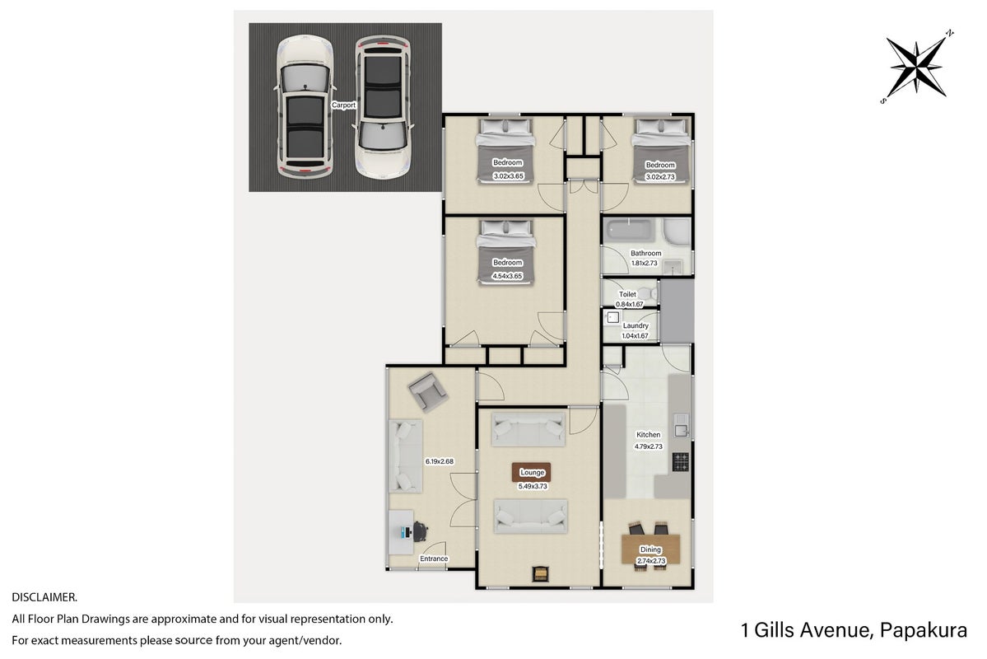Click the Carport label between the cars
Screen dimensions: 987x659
pyautogui.click(x=344, y=105)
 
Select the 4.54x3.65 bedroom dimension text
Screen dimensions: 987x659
pyautogui.click(x=507, y=276)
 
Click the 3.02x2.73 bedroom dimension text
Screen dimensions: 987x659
pyautogui.click(x=660, y=177)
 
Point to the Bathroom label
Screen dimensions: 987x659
pyautogui.click(x=646, y=253)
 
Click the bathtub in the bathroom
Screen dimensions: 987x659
pyautogui.click(x=631, y=231)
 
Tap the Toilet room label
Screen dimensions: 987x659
pyautogui.click(x=627, y=294)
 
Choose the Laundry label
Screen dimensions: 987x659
pyautogui.click(x=635, y=325)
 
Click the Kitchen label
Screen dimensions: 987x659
pyautogui.click(x=649, y=435)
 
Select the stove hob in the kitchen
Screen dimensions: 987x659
pyautogui.click(x=681, y=462)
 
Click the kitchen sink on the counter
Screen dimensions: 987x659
pyautogui.click(x=681, y=428)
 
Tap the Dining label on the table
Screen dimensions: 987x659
pyautogui.click(x=651, y=549)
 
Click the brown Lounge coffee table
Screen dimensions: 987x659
pyautogui.click(x=532, y=473)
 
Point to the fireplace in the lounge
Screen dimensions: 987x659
pyautogui.click(x=540, y=574)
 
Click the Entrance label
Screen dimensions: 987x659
pyautogui.click(x=434, y=559)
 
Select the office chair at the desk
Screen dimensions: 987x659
pyautogui.click(x=419, y=531)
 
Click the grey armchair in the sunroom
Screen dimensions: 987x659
pyautogui.click(x=428, y=391)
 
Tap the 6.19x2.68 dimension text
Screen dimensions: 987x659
pyautogui.click(x=440, y=461)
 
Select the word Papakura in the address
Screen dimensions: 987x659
pyautogui.click(x=924, y=630)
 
